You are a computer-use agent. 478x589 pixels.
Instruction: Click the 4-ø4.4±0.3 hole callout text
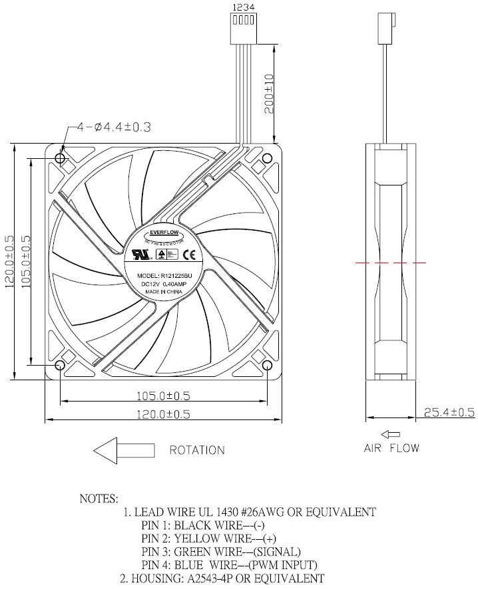(113, 127)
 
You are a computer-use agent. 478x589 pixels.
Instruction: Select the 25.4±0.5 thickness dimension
(449, 412)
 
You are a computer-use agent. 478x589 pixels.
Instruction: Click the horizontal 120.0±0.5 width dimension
(162, 413)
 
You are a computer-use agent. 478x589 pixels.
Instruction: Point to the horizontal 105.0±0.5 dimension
(162, 396)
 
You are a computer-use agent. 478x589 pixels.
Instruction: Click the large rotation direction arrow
(124, 450)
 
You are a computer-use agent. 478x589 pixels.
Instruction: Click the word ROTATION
(197, 450)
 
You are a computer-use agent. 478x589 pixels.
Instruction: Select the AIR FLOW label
(391, 448)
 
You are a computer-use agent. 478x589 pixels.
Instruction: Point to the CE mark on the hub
(188, 253)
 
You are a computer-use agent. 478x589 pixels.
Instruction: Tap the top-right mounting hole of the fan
(267, 159)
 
